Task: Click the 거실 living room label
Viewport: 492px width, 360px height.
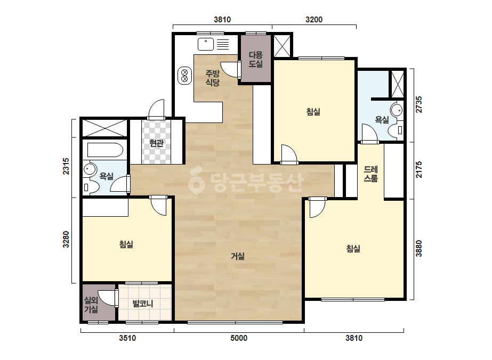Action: click(x=238, y=256)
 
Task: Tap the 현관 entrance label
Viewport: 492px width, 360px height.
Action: click(x=156, y=143)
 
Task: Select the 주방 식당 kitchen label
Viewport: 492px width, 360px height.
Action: click(x=213, y=78)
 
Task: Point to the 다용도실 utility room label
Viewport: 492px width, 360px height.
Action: click(x=256, y=60)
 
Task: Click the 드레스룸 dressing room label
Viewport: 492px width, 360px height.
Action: click(x=370, y=174)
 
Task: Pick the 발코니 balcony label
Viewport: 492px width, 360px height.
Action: click(x=143, y=304)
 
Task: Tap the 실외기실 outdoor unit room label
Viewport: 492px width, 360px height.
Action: click(x=91, y=305)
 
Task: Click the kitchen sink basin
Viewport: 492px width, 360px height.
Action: click(x=206, y=44)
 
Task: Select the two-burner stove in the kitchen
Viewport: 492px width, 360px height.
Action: click(x=184, y=76)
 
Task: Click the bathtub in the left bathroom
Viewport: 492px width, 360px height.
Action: click(x=105, y=150)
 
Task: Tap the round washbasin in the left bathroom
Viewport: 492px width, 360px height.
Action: click(x=90, y=170)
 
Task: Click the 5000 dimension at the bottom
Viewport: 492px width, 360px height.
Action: click(x=239, y=338)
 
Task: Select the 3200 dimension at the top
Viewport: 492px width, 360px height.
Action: click(x=314, y=20)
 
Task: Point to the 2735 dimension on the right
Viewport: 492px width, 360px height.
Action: click(x=418, y=104)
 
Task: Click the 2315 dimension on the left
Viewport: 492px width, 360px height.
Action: click(x=66, y=166)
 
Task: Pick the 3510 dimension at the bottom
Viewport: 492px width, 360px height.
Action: click(x=127, y=338)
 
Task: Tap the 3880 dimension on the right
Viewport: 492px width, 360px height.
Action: click(x=418, y=249)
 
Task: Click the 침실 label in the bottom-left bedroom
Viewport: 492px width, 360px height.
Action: click(x=126, y=244)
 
